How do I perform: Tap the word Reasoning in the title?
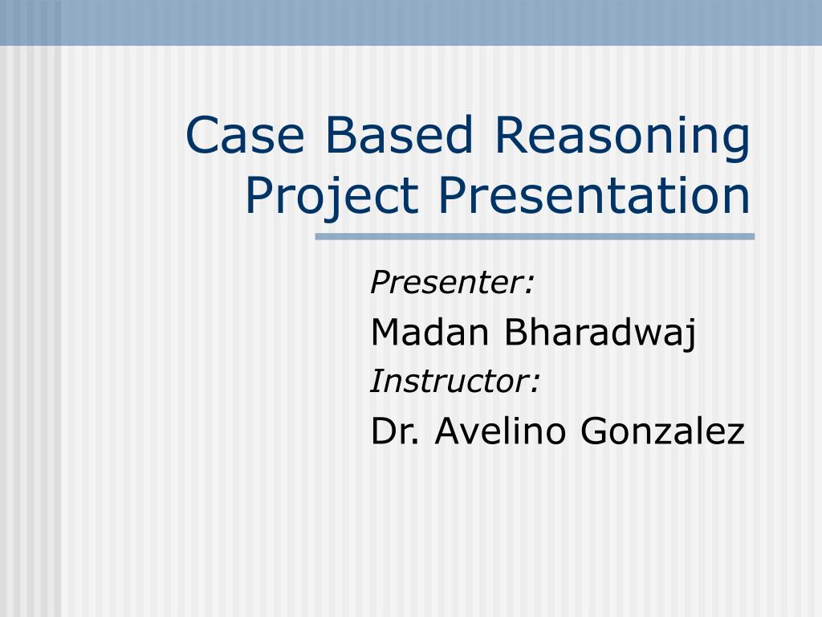pyautogui.click(x=622, y=137)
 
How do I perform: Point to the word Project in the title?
pyautogui.click(x=332, y=196)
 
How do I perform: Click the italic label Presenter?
pyautogui.click(x=453, y=283)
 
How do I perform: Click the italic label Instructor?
pyautogui.click(x=454, y=382)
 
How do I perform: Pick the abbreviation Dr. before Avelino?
pyautogui.click(x=396, y=431)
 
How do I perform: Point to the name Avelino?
pyautogui.click(x=503, y=431)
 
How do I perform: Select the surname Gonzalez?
pyautogui.click(x=662, y=431)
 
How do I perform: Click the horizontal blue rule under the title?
pyautogui.click(x=535, y=237)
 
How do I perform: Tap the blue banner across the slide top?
pyautogui.click(x=411, y=22)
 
